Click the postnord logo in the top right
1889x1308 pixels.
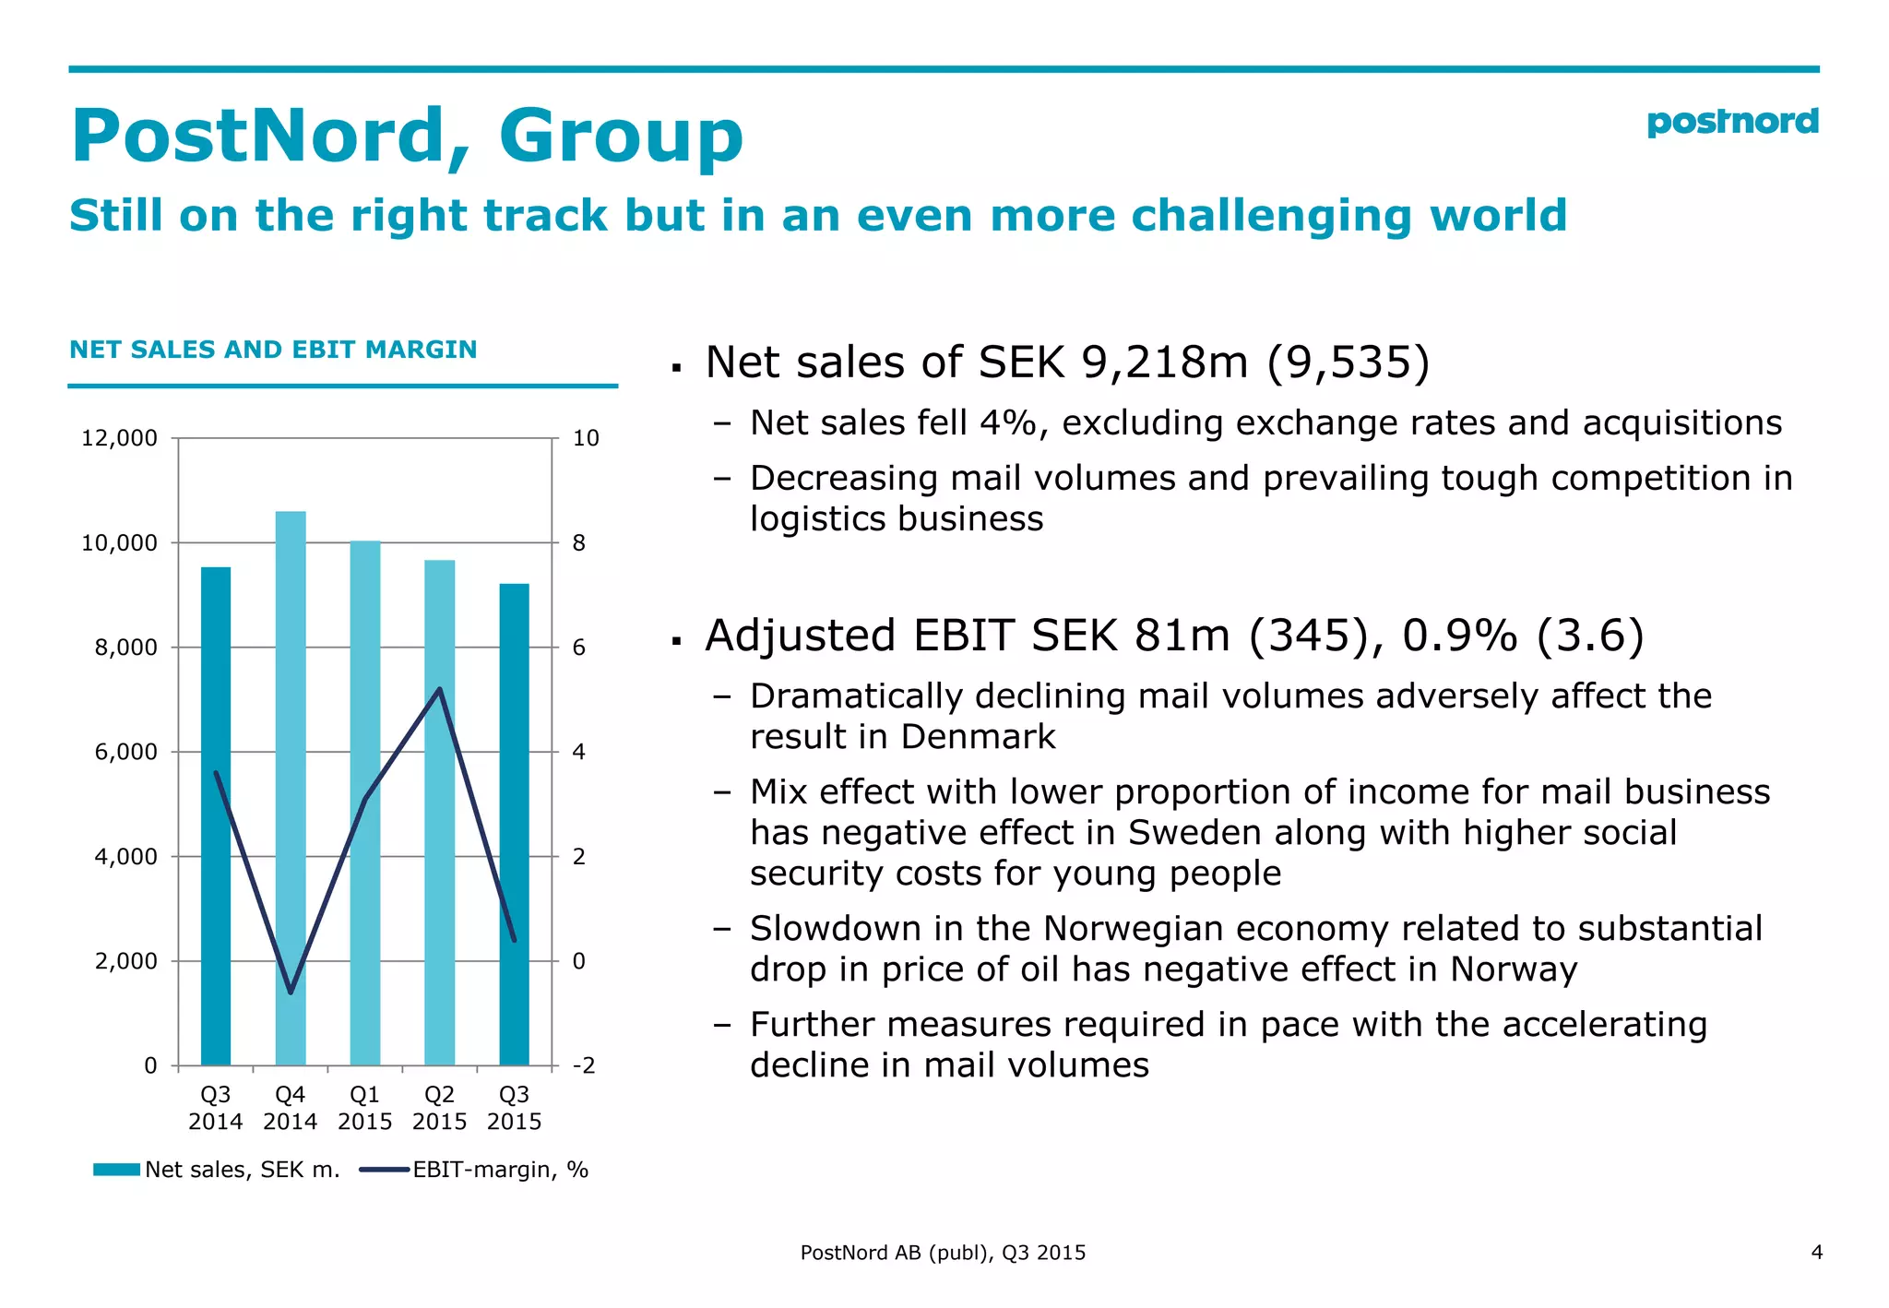[x=1731, y=122]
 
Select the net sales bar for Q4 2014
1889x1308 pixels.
[x=291, y=784]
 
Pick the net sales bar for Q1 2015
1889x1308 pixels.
[x=365, y=803]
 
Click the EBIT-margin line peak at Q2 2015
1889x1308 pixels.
[x=440, y=689]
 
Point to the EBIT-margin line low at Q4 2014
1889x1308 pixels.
[x=291, y=993]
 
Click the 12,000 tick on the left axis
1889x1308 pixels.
[x=119, y=438]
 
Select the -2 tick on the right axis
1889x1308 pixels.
[x=584, y=1066]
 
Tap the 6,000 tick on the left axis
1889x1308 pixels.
[x=125, y=752]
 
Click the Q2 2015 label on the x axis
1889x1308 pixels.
[x=439, y=1108]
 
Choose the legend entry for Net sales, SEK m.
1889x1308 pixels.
[x=218, y=1170]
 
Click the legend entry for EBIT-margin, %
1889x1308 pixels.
[x=475, y=1170]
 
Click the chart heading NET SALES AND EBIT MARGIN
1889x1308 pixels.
[x=273, y=350]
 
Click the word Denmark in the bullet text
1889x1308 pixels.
[x=978, y=737]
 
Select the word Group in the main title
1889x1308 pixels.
[x=621, y=137]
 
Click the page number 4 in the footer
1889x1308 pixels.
[x=1816, y=1253]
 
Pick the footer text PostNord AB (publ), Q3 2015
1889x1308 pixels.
[x=943, y=1253]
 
